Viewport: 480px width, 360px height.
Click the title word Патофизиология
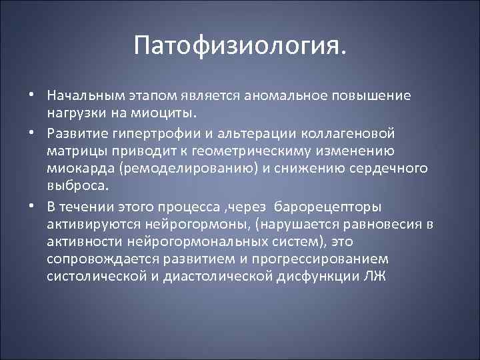[x=239, y=47]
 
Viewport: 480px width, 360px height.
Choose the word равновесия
[x=372, y=223]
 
